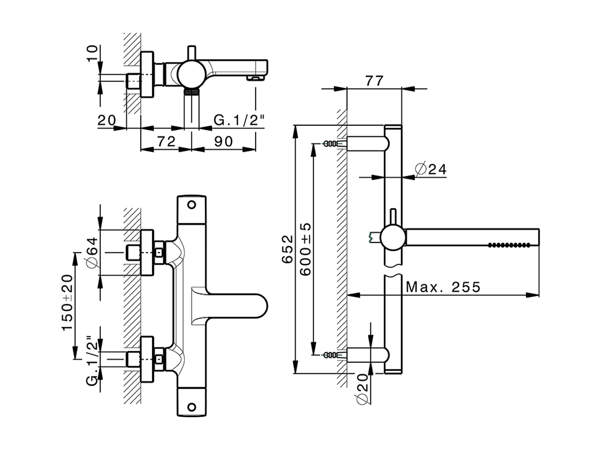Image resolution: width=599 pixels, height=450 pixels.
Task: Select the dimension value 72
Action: point(166,141)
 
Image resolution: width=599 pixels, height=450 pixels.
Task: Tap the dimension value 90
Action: point(223,141)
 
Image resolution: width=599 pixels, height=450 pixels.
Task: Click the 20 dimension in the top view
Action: point(107,120)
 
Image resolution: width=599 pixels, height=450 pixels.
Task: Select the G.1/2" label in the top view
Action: point(239,120)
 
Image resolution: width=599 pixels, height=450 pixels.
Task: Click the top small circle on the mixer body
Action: point(190,204)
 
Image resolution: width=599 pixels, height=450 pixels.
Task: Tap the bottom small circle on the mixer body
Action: point(190,406)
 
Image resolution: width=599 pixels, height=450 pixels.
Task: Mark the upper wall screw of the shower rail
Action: point(330,143)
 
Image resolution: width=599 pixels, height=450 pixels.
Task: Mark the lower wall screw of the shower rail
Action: point(330,354)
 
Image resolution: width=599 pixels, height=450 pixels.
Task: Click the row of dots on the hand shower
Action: point(510,245)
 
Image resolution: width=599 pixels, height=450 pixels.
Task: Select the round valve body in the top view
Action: point(189,74)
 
